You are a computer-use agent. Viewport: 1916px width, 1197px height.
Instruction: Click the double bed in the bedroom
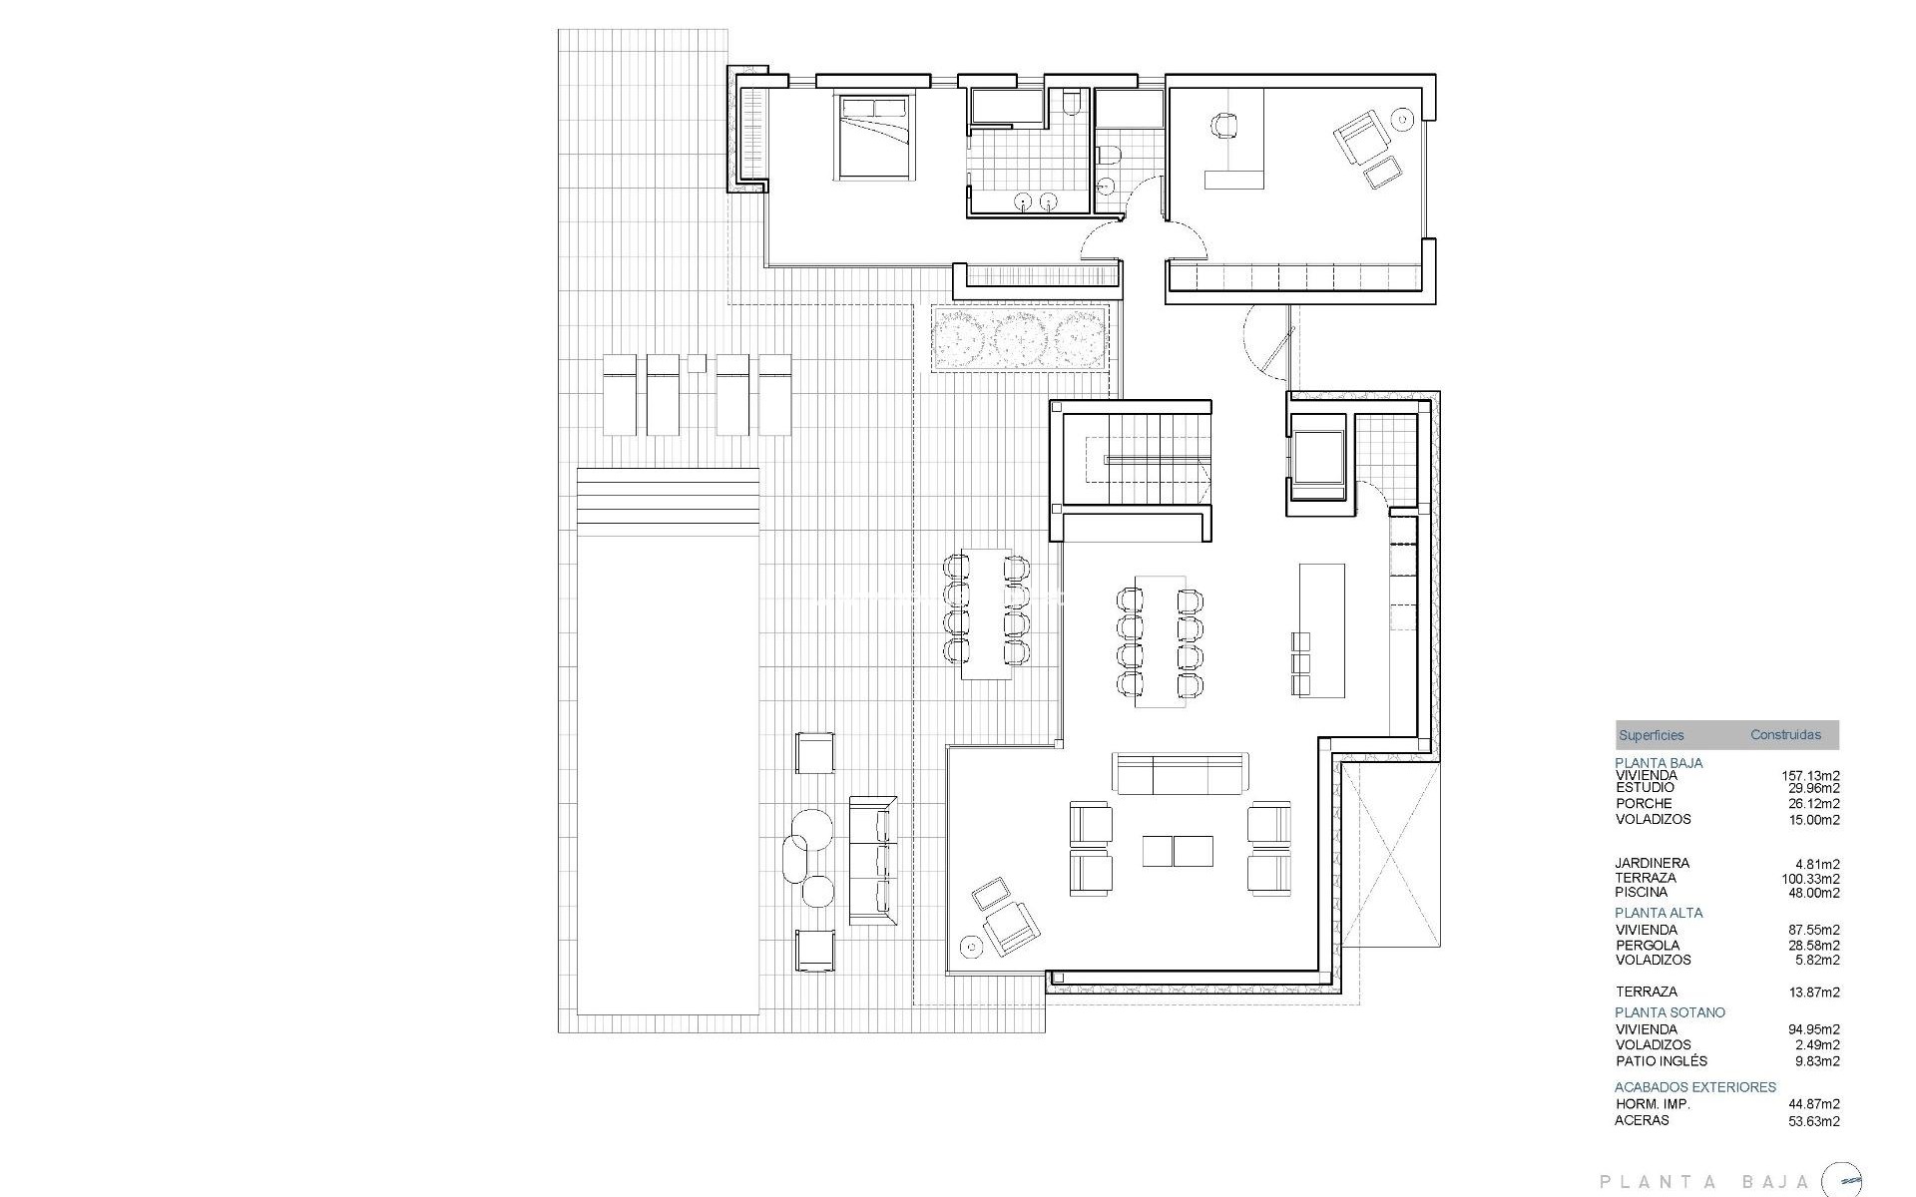point(874,137)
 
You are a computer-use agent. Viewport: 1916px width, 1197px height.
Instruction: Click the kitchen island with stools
point(1321,630)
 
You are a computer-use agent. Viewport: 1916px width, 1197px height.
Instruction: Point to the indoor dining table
point(1160,641)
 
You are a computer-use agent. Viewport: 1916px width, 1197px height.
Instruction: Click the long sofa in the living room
point(1181,773)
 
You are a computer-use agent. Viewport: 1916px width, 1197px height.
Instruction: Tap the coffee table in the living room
point(1178,851)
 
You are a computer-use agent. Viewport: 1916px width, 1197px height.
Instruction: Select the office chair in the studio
point(1224,126)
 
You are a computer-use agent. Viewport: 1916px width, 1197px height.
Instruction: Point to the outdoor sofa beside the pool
point(872,860)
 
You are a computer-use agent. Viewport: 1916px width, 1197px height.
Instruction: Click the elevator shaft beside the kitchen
point(1319,464)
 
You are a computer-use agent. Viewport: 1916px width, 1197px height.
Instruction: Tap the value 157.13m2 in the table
point(1810,775)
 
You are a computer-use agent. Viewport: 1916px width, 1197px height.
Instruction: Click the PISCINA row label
point(1642,892)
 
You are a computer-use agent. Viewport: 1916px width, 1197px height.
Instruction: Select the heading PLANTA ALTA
point(1659,912)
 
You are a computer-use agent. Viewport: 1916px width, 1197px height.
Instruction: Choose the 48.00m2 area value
point(1813,893)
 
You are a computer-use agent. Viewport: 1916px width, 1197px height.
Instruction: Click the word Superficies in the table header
point(1651,735)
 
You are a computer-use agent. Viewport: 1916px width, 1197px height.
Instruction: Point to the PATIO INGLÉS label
point(1661,1061)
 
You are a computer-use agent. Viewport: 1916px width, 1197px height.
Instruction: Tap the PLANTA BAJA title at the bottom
point(1704,1182)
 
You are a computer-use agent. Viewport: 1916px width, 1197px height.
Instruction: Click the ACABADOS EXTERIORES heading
point(1695,1087)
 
